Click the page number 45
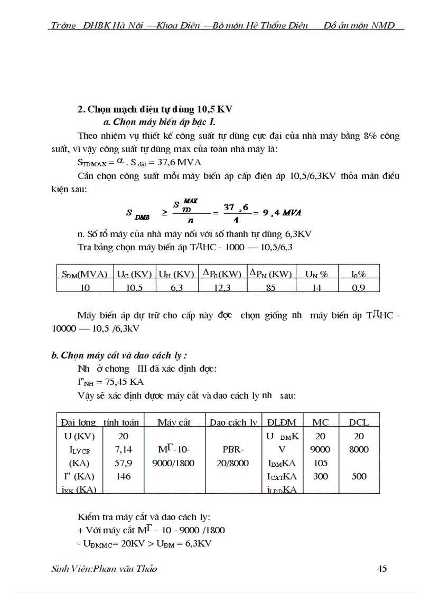tap(382, 569)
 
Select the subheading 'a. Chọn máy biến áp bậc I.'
tap(158, 122)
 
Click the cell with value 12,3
tap(221, 287)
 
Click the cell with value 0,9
tap(358, 287)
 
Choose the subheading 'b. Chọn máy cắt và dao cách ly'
tap(119, 355)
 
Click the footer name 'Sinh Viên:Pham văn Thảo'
tap(104, 569)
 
